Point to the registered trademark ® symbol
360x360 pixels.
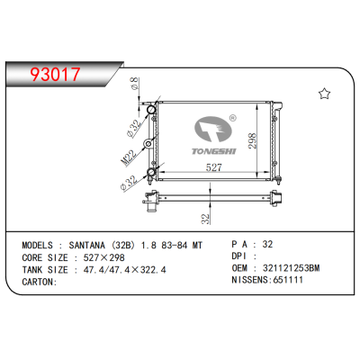coord(232,118)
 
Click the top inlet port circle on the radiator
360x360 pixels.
coord(155,115)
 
